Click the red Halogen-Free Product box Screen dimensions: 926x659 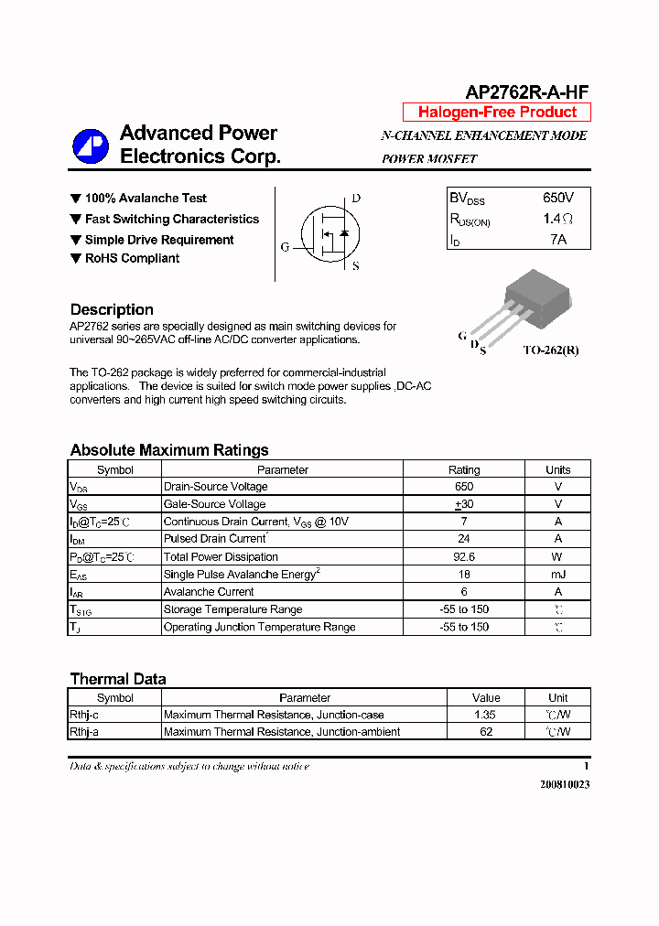(497, 113)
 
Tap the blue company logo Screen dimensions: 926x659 (92, 145)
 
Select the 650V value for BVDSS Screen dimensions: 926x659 (558, 198)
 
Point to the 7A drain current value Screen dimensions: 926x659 (558, 239)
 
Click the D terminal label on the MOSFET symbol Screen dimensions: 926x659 (356, 199)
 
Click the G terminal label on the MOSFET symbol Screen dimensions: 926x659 (285, 247)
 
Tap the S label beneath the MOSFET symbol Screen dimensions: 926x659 (355, 266)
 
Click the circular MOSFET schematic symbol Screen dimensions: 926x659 (326, 232)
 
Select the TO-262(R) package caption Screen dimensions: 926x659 (550, 350)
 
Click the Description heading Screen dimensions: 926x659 (112, 309)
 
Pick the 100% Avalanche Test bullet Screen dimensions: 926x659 (146, 199)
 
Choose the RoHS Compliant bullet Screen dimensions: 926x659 (132, 259)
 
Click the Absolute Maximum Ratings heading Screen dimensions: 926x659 (169, 450)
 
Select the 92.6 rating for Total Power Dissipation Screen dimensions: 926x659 (463, 556)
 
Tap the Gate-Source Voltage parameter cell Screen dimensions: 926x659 (214, 504)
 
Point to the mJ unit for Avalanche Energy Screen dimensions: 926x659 (557, 574)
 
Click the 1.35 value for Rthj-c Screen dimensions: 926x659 (486, 715)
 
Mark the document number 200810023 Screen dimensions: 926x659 (565, 784)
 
